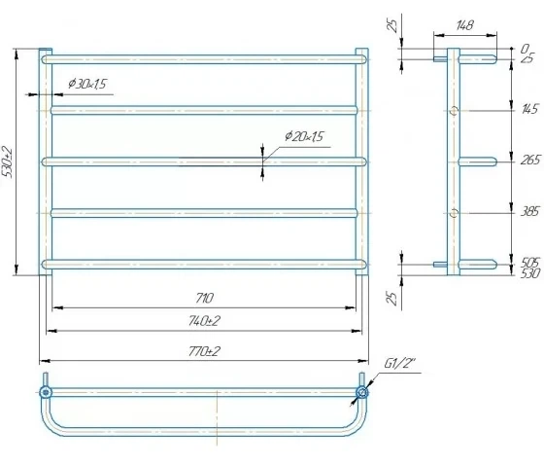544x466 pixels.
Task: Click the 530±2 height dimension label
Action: [8, 162]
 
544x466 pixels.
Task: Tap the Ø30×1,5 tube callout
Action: [87, 84]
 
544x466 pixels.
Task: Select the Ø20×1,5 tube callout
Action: [304, 136]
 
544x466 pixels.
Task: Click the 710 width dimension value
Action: [205, 298]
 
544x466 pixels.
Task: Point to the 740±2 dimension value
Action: [204, 321]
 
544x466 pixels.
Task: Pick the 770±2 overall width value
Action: [204, 351]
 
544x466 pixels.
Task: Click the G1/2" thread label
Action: [399, 364]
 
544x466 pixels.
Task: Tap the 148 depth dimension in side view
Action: [464, 25]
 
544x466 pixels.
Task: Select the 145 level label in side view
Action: [529, 109]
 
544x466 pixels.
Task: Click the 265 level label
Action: [530, 160]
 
